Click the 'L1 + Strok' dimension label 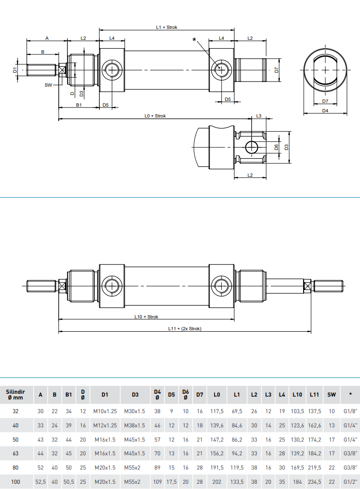click(x=166, y=27)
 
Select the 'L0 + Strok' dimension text click(x=155, y=116)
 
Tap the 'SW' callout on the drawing click(x=48, y=85)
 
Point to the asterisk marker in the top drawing click(x=194, y=40)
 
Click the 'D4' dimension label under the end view click(x=325, y=110)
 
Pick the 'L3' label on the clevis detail click(x=259, y=116)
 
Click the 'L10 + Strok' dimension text click(x=146, y=317)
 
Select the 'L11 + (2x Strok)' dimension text click(x=184, y=328)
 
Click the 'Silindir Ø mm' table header click(x=15, y=395)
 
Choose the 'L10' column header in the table click(x=297, y=395)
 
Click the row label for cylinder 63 click(x=16, y=453)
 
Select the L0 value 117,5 click(x=216, y=412)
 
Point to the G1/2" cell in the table click(x=350, y=482)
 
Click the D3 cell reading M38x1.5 click(x=135, y=426)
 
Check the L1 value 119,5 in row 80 click(x=237, y=468)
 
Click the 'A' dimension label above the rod click(x=46, y=38)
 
